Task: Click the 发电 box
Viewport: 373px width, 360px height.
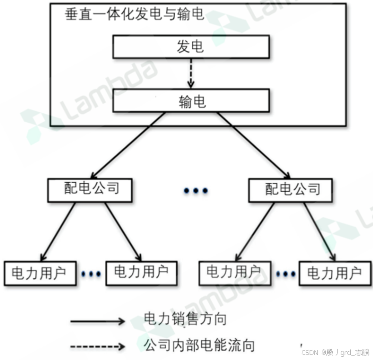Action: pos(191,47)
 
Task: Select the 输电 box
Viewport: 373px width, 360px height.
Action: pos(191,101)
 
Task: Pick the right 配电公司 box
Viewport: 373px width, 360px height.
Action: pos(291,189)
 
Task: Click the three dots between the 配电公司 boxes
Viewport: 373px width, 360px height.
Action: pos(196,191)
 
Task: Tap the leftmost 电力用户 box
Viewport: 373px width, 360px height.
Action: pos(39,273)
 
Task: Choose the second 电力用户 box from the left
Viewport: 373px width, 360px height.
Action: pos(141,272)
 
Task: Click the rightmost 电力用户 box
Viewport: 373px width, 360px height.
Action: pos(335,273)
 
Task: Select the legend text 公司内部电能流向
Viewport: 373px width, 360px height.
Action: pos(199,346)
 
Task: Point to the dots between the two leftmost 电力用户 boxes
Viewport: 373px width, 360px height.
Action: pos(91,273)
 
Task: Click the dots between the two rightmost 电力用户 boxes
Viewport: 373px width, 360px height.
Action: pos(285,273)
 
